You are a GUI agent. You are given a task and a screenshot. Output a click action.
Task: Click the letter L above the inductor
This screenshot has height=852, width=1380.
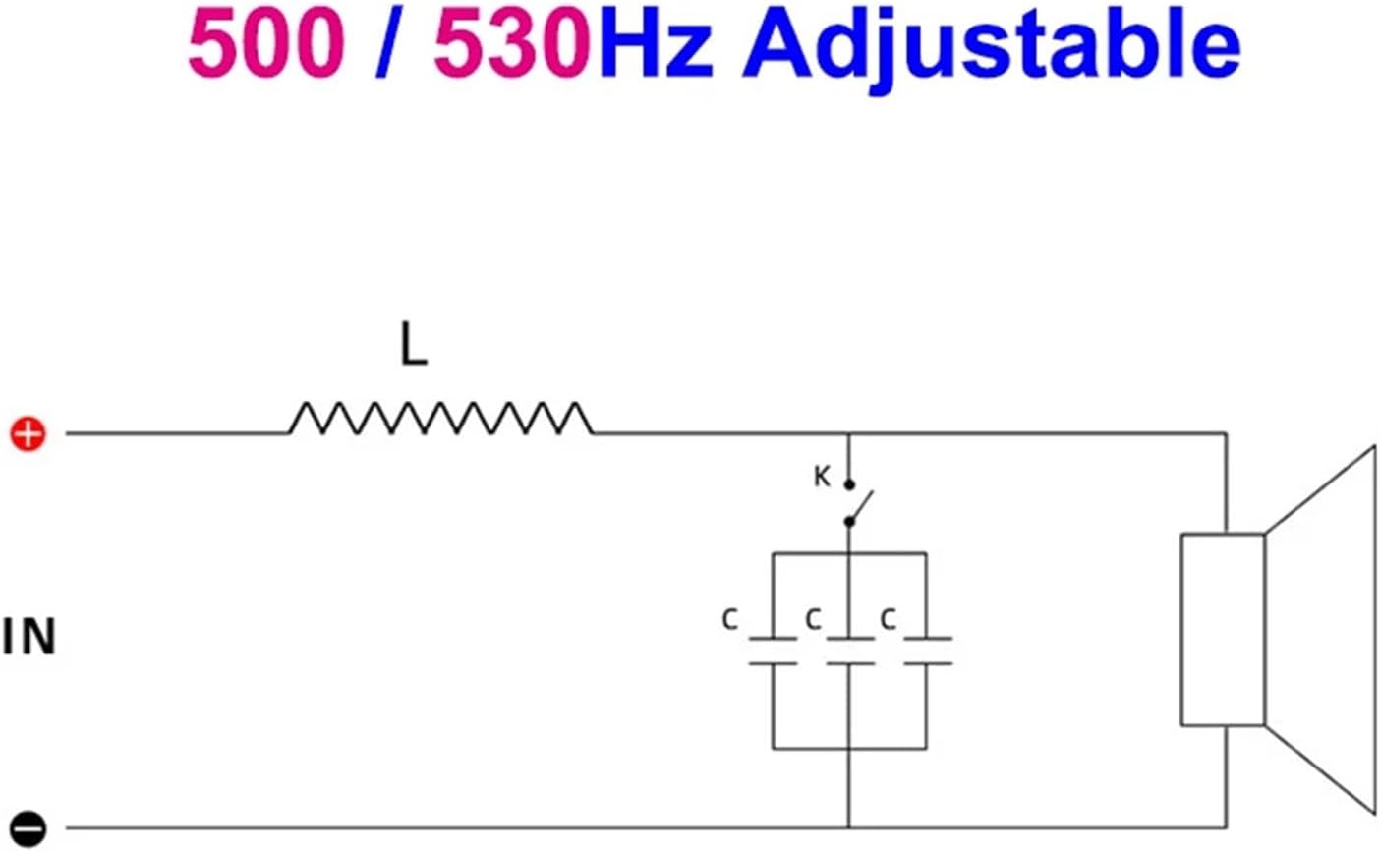pyautogui.click(x=414, y=346)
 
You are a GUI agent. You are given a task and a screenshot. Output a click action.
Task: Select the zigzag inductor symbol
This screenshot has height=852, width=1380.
pyautogui.click(x=440, y=419)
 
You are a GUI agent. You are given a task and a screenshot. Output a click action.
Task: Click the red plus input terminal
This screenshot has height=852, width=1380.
pyautogui.click(x=28, y=433)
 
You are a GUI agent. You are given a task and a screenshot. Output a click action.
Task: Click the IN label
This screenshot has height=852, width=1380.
pyautogui.click(x=29, y=638)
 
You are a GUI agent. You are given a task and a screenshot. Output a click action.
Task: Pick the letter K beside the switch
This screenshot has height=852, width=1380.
pyautogui.click(x=822, y=478)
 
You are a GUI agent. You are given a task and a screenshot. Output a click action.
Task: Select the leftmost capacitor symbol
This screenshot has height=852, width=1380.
pyautogui.click(x=773, y=651)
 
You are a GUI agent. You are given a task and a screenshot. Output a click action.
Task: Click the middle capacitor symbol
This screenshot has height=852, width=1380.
pyautogui.click(x=849, y=651)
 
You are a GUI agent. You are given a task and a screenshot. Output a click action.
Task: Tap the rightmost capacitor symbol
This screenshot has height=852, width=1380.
pyautogui.click(x=926, y=651)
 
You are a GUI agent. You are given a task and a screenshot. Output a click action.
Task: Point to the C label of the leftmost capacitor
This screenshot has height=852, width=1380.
pyautogui.click(x=729, y=620)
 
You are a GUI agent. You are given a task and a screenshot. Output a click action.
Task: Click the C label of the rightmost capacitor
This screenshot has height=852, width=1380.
pyautogui.click(x=888, y=620)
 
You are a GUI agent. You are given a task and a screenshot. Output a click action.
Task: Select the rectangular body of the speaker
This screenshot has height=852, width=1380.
pyautogui.click(x=1222, y=629)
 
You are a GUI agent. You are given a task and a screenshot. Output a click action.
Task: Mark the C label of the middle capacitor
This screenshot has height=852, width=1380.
pyautogui.click(x=813, y=620)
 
